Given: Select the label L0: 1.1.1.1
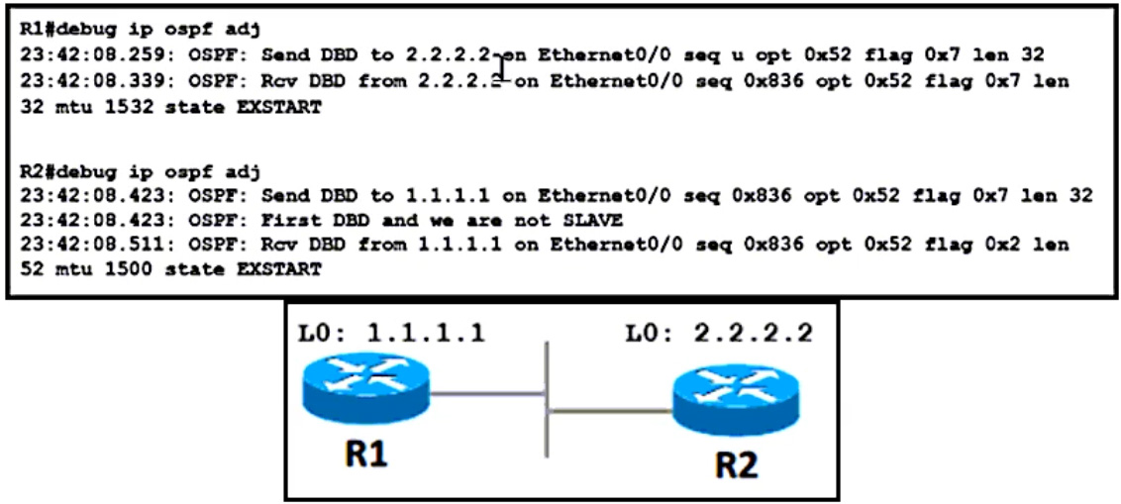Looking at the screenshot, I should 391,334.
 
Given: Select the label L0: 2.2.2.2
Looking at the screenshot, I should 719,334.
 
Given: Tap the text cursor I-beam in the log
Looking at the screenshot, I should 504,68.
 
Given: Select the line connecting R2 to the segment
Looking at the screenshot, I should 609,409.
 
